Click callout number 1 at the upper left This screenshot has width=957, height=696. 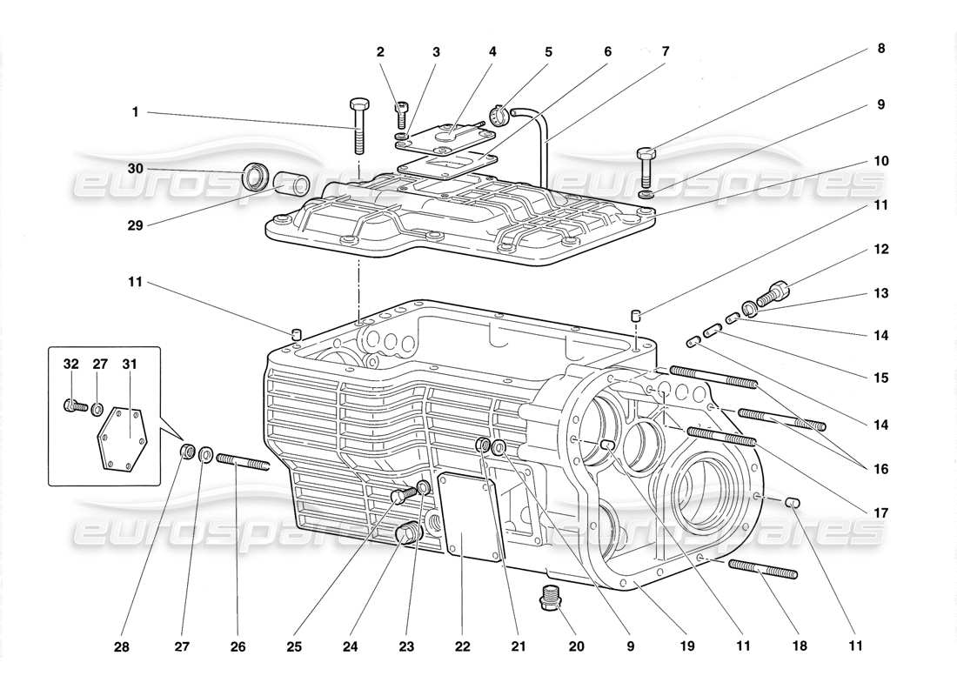[x=135, y=111]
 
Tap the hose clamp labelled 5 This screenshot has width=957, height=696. [x=499, y=115]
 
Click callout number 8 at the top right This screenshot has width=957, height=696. [x=880, y=49]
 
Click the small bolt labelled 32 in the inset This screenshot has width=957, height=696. [x=74, y=405]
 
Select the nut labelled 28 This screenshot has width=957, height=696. [x=185, y=452]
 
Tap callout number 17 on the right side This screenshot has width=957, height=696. [x=880, y=513]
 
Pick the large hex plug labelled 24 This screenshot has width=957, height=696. [x=406, y=533]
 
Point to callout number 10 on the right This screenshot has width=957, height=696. [x=880, y=161]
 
